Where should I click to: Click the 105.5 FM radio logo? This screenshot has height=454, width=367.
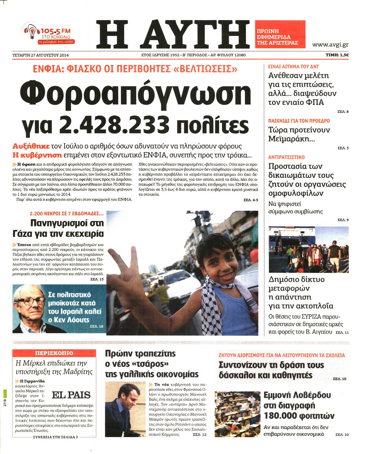point(49,33)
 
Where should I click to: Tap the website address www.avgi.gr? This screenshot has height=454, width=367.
point(330,45)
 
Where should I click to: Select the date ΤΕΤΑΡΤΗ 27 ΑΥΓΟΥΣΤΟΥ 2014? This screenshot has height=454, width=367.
point(41,55)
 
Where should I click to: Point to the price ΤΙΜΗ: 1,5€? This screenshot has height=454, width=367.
point(337,55)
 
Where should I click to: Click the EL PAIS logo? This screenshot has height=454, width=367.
point(71,395)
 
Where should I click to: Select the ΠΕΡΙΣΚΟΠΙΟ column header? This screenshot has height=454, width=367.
point(54,353)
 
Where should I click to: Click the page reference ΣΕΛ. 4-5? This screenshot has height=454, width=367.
point(251,200)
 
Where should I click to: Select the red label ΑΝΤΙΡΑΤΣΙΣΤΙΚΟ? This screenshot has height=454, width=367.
point(286,157)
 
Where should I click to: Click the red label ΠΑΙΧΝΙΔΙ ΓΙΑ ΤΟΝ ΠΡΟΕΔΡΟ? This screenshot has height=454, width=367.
point(299,121)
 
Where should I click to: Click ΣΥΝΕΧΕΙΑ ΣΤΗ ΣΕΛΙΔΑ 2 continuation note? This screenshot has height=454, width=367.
point(55,437)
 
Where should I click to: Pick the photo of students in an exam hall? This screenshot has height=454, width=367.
point(237,414)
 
